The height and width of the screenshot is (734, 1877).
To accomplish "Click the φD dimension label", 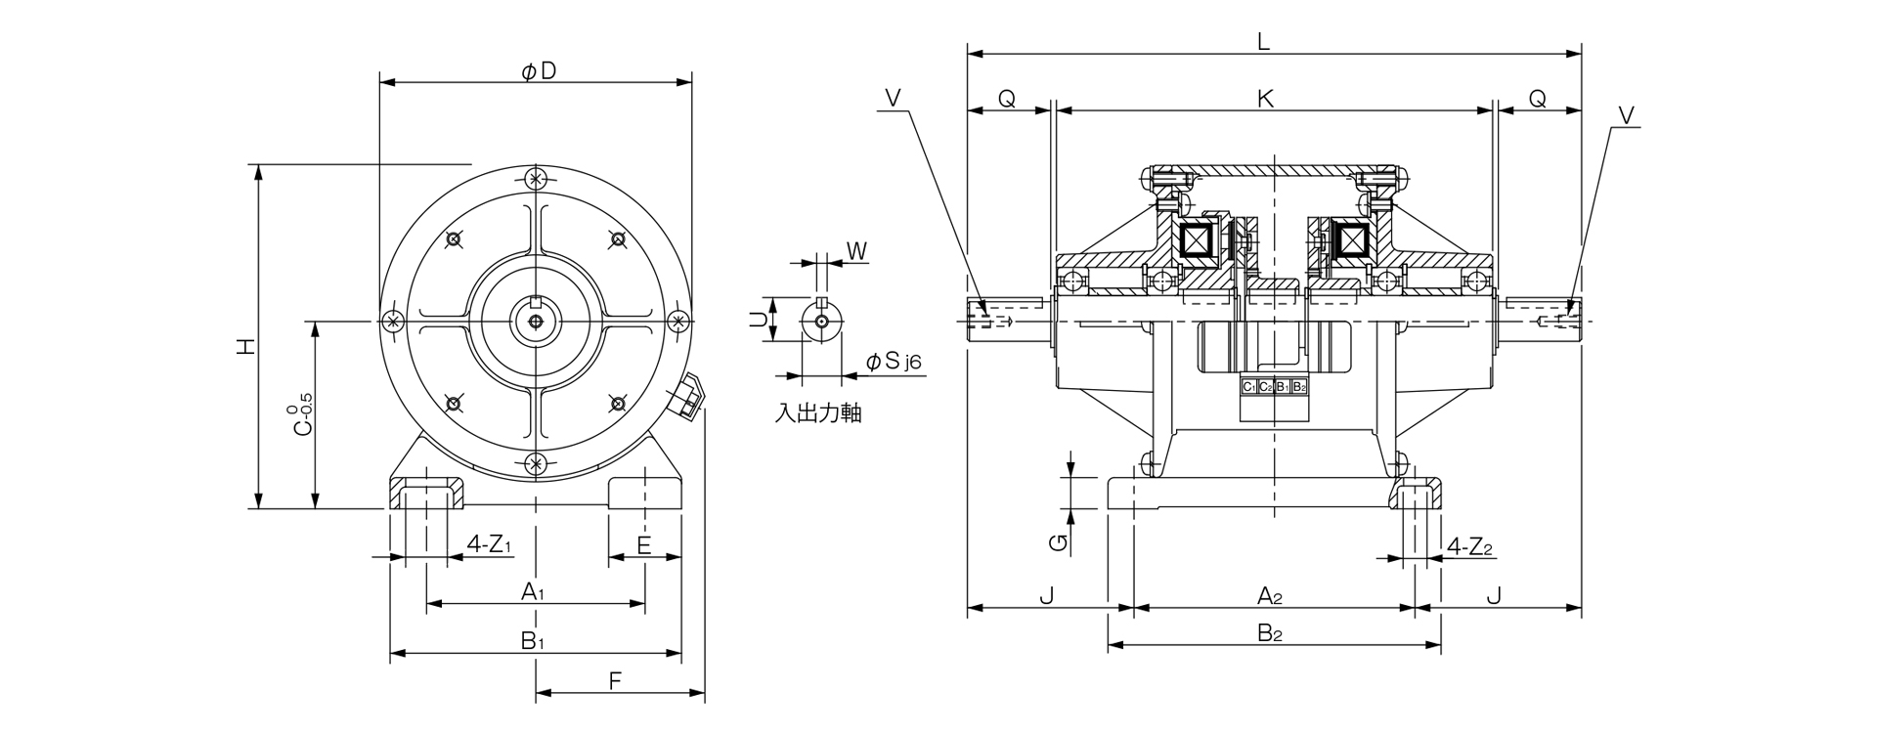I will point(539,71).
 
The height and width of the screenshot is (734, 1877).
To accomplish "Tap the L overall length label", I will point(1264,41).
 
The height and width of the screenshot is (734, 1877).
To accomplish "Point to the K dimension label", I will point(1265,99).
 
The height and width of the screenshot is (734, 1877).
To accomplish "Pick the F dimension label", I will point(615,681).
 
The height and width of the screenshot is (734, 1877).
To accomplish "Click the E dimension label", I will point(643,544).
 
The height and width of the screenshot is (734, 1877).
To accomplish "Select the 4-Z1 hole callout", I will point(490,544).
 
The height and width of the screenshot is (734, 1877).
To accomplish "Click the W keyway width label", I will point(856,251).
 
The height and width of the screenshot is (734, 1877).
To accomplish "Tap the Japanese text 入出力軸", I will point(818,413).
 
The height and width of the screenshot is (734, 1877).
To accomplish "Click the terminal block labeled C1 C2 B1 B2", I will point(1274,387).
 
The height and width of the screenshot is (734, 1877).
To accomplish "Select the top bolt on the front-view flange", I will point(535,179).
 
